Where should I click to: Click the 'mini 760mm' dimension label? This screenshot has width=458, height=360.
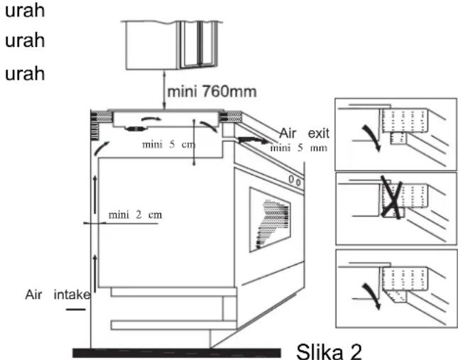[212, 92]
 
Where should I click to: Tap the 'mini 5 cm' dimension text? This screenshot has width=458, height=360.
[168, 144]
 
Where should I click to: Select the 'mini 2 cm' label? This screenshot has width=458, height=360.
[135, 215]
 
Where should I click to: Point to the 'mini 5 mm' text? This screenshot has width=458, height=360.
[299, 148]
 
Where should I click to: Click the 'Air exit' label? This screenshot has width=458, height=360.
[305, 133]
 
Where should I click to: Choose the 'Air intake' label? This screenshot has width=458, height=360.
[58, 295]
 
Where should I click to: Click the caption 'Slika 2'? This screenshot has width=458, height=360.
[329, 351]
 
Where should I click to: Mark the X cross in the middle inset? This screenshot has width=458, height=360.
[392, 197]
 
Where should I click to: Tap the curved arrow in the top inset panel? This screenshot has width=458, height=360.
[372, 138]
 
